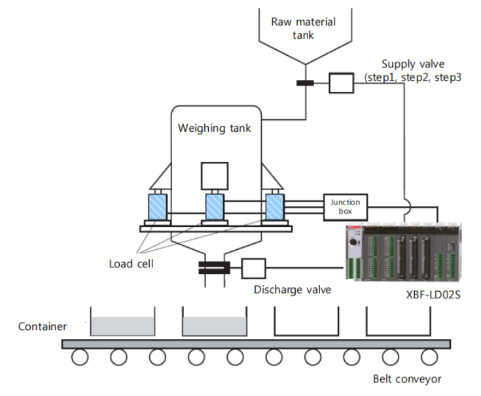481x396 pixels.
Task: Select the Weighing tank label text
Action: [214, 128]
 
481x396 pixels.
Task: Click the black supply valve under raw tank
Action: [305, 83]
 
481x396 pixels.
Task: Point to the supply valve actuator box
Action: [340, 83]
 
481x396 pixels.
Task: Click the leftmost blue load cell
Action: [158, 207]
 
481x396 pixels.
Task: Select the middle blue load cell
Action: [215, 207]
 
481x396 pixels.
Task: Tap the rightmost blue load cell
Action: [274, 207]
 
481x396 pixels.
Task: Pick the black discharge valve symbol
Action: [214, 267]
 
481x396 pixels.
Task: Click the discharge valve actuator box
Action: [254, 267]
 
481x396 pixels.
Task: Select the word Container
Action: [43, 326]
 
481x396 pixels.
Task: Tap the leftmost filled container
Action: [122, 323]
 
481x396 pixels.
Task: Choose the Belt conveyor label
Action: [407, 378]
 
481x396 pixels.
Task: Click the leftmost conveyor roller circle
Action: [80, 357]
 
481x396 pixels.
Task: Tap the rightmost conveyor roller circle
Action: [429, 357]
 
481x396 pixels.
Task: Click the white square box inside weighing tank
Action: [214, 176]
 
